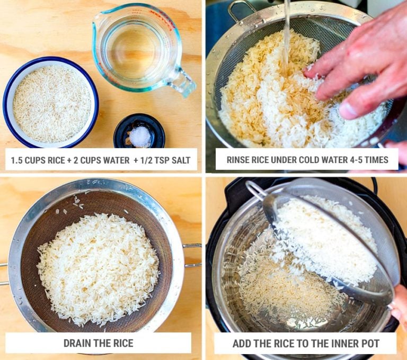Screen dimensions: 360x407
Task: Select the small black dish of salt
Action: pyautogui.click(x=139, y=131)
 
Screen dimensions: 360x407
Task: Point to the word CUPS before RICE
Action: pyautogui.click(x=39, y=159)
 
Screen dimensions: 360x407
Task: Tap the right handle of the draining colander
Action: pyautogui.click(x=192, y=255)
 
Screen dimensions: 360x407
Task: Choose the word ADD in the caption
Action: pyautogui.click(x=241, y=344)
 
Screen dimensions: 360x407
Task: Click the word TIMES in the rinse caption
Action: pyautogui.click(x=376, y=159)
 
